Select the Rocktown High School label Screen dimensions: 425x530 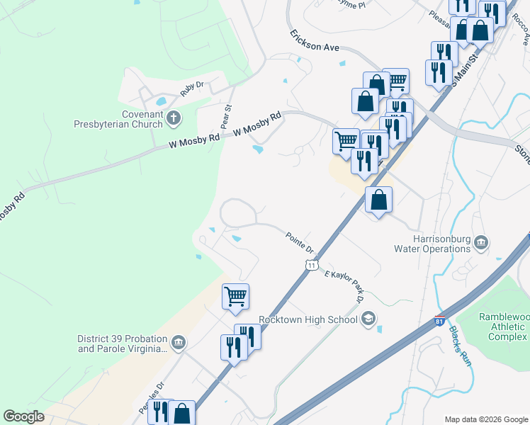[x=308, y=319]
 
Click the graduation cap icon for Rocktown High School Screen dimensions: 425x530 [x=368, y=319]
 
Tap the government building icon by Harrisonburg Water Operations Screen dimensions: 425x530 [x=481, y=244]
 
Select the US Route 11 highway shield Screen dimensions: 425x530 [x=311, y=264]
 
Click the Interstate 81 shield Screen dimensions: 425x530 [x=440, y=321]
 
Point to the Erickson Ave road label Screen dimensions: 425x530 [x=315, y=41]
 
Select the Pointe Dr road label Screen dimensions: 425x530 [x=300, y=242]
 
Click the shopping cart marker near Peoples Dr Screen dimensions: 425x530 [x=235, y=297]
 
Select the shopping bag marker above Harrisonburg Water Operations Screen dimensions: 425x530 [x=379, y=200]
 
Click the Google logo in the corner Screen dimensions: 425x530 [x=23, y=416]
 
